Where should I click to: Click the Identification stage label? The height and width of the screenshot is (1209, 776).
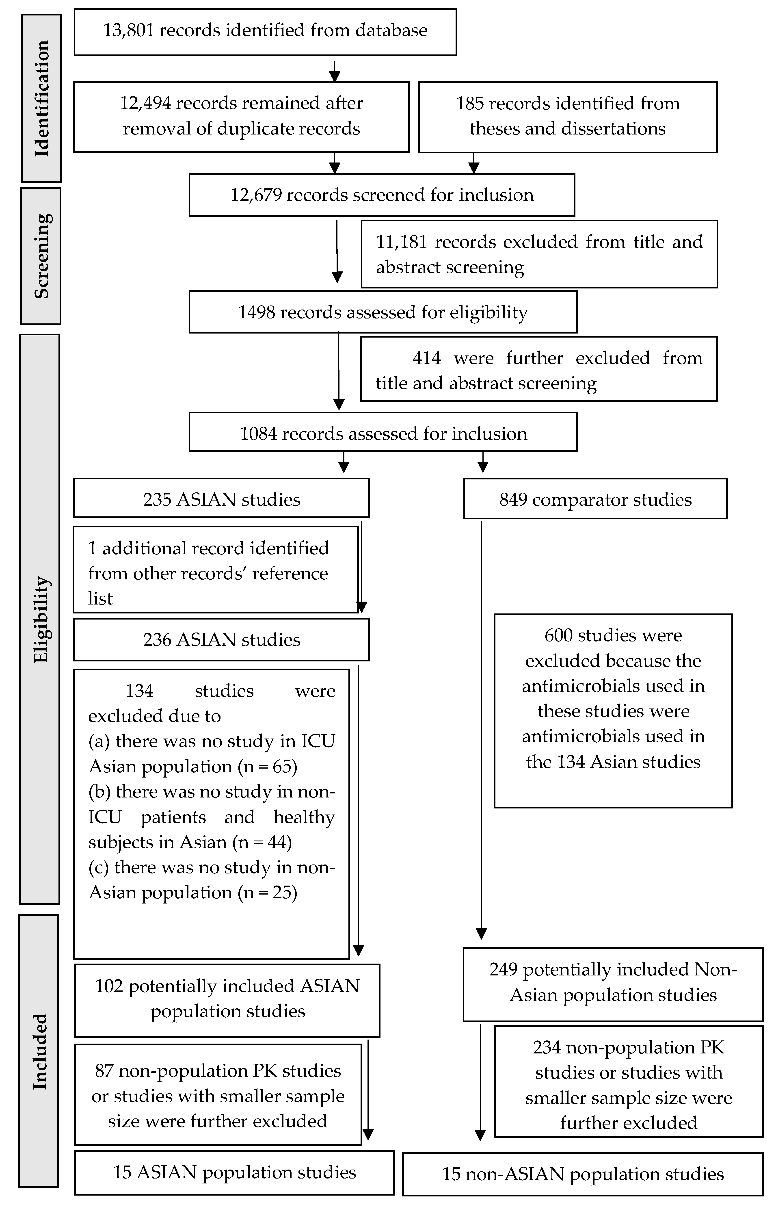[41, 98]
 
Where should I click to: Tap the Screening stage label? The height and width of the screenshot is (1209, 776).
[41, 256]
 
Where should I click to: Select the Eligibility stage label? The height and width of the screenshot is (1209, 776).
[40, 619]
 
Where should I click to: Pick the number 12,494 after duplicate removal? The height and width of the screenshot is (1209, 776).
[145, 103]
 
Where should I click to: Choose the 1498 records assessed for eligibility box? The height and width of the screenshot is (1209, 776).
[383, 312]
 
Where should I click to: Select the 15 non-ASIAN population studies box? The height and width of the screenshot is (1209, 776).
[583, 1174]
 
